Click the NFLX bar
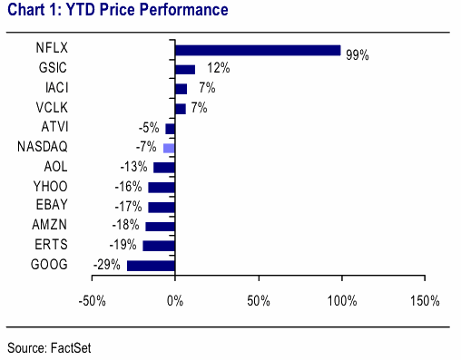258,50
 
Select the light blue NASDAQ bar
169,148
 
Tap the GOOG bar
151,266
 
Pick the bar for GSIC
185,70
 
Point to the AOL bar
164,168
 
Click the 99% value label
358,55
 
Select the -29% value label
107,265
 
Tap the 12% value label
219,68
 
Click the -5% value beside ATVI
149,128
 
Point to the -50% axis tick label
93,301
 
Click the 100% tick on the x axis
342,301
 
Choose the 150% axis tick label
425,301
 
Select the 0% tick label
175,301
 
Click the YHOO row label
50,187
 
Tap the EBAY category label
52,205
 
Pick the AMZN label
50,225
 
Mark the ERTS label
51,245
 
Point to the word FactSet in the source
71,348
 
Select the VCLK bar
181,109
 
